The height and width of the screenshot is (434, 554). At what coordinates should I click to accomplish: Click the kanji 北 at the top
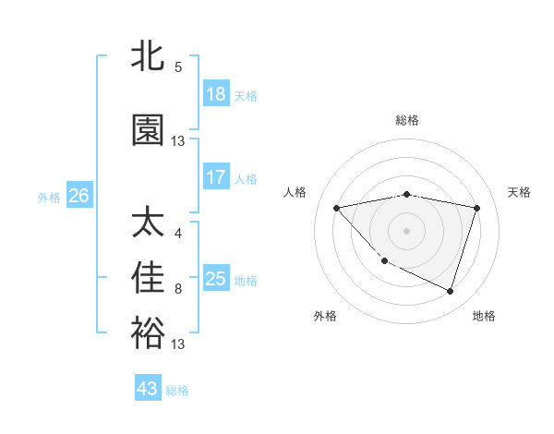(149, 56)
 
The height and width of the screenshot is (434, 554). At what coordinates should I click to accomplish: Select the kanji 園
(149, 130)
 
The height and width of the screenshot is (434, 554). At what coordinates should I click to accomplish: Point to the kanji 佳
(149, 278)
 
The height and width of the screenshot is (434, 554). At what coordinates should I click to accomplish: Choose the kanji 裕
(149, 333)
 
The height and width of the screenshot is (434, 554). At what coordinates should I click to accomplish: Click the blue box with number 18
(216, 94)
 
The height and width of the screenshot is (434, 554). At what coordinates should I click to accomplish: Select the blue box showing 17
(216, 177)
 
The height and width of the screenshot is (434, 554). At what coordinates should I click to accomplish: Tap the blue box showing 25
(216, 279)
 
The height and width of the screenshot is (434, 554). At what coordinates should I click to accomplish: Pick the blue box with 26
(78, 196)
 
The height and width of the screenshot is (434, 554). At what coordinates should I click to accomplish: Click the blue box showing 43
(148, 389)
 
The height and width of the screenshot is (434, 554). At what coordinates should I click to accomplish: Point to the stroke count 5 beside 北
(178, 67)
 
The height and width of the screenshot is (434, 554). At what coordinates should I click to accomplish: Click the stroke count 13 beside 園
(178, 141)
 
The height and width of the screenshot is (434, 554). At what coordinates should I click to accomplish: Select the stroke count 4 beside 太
(178, 234)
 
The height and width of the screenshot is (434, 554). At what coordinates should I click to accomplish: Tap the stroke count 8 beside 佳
(178, 289)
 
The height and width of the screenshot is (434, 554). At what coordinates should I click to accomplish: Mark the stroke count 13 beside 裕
(178, 344)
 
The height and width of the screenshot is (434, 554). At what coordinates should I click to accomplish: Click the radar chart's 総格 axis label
(407, 120)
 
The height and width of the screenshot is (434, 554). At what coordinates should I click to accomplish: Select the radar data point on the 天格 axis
(476, 208)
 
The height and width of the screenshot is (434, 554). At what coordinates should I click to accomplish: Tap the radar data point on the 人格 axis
(337, 208)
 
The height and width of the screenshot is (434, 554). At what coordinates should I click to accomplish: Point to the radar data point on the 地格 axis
(450, 291)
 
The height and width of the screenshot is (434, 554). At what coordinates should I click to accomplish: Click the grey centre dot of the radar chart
(407, 230)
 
